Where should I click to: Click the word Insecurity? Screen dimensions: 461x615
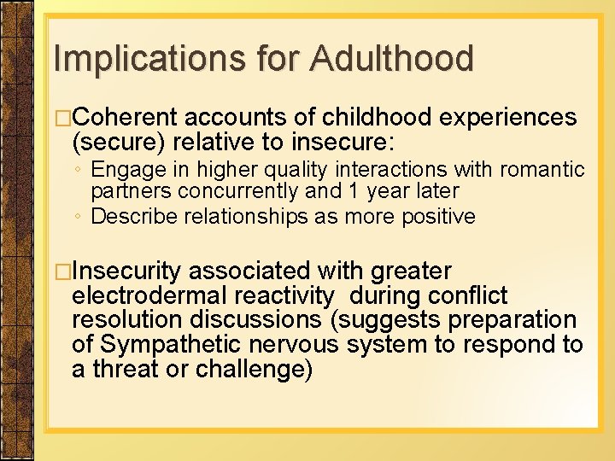coord(127,271)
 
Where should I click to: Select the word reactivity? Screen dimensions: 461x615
coord(288,296)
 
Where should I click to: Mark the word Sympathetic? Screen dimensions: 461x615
coord(174,345)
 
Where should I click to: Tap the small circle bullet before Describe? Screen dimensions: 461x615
coord(78,217)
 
